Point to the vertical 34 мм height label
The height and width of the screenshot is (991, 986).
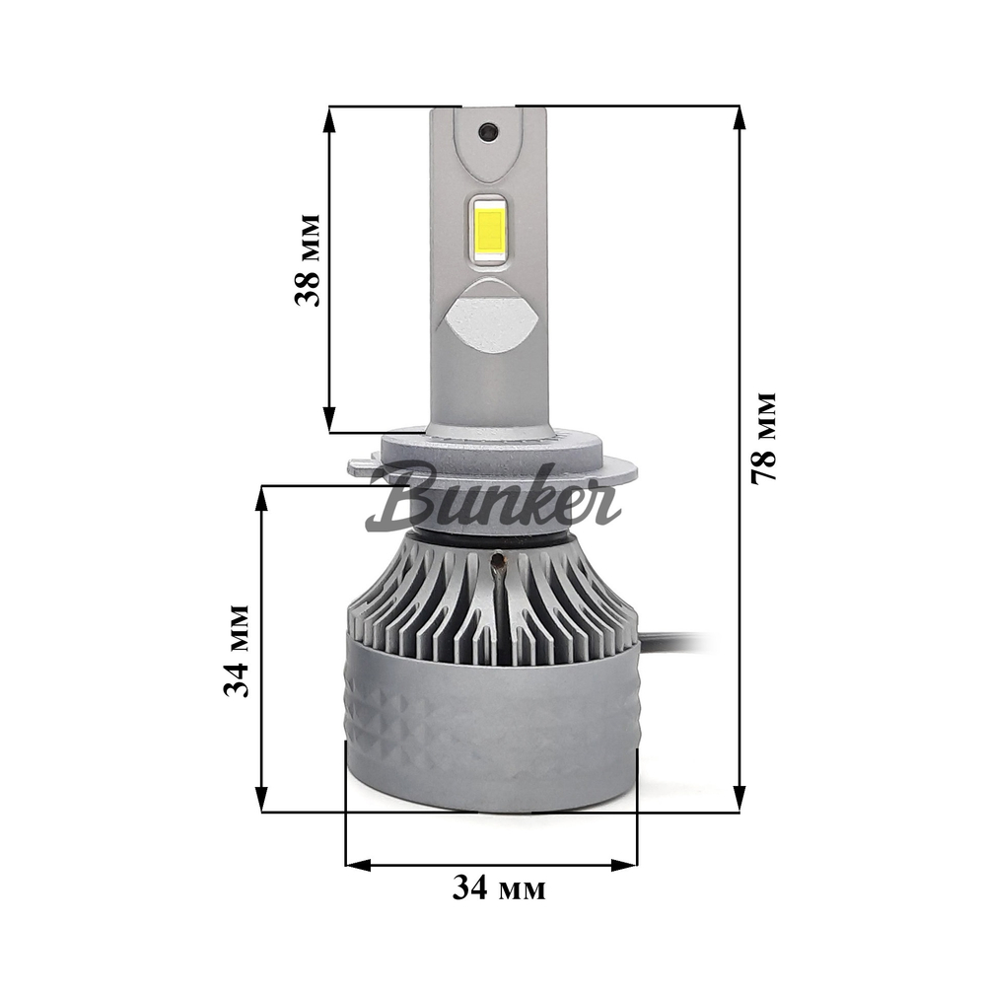tap(237, 651)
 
